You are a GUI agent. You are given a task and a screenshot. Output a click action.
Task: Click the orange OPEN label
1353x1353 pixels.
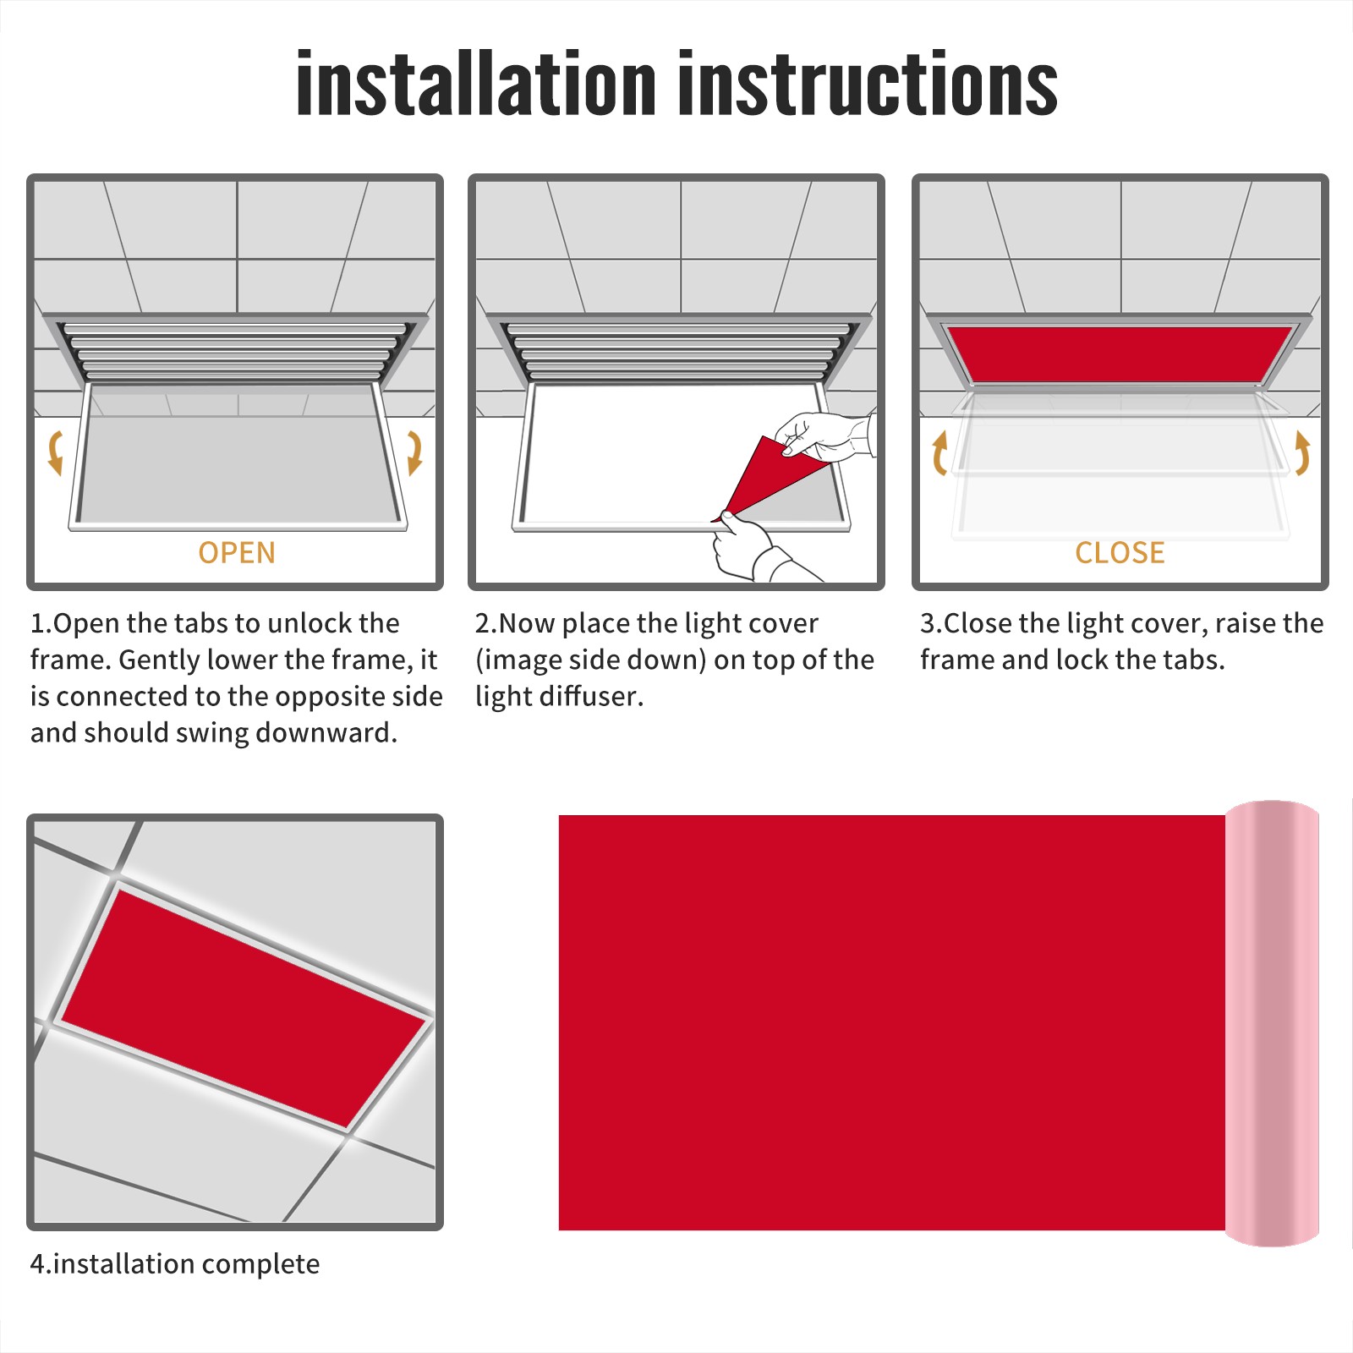tap(237, 553)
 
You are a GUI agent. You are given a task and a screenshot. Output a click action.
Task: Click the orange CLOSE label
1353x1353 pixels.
tap(1120, 553)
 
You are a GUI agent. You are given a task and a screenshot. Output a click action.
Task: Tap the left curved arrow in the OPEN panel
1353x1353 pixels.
tap(56, 452)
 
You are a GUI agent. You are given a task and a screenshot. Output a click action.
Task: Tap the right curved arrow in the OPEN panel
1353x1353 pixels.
tap(414, 452)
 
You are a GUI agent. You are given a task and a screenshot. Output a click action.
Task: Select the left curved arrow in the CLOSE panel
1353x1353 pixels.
tap(939, 452)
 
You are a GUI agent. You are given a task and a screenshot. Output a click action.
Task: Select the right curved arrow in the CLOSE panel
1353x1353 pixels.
tap(1302, 452)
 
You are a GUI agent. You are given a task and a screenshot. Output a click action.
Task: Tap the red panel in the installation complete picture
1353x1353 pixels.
tap(244, 1009)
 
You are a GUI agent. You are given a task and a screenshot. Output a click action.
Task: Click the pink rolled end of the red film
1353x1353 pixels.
tap(1272, 1023)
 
